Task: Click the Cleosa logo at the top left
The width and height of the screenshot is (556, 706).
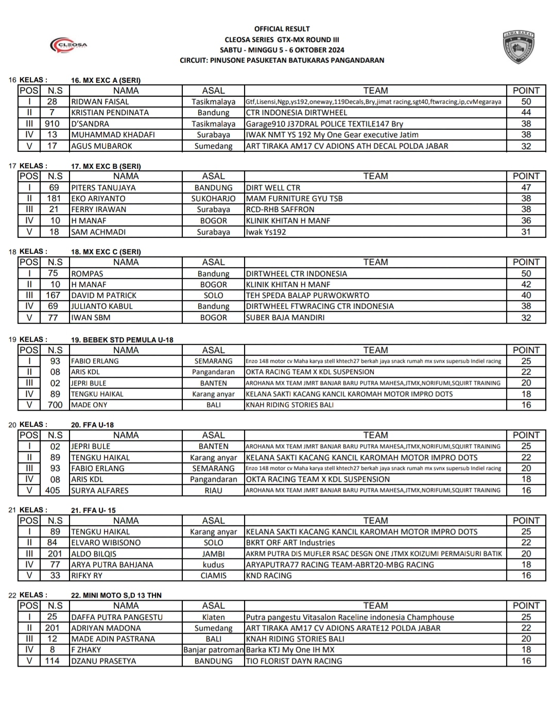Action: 68,45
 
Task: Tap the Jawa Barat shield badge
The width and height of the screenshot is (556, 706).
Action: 518,47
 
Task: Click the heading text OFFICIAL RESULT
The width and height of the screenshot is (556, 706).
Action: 282,29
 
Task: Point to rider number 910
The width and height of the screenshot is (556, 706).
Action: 52,124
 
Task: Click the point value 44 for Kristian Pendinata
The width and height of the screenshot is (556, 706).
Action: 526,113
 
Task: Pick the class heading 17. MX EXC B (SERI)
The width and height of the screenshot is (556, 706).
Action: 106,166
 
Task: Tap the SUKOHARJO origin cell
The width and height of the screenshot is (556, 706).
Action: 213,199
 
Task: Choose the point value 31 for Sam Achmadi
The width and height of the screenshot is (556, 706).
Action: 526,232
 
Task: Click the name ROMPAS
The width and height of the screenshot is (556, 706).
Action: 87,274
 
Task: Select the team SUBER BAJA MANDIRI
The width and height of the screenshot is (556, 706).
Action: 285,318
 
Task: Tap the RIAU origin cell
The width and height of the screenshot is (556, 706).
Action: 213,490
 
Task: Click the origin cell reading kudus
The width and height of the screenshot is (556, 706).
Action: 213,565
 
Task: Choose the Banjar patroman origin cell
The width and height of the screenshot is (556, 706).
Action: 213,650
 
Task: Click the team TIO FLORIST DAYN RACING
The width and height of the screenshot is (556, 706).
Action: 293,661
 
